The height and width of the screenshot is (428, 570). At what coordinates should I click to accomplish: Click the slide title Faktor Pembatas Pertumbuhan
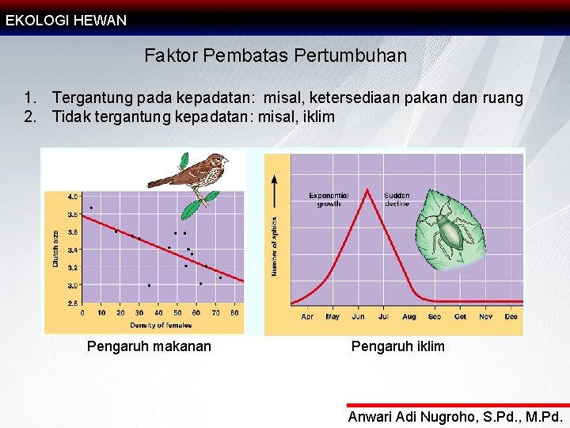click(275, 56)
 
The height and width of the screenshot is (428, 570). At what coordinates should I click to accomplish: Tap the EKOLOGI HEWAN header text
click(66, 21)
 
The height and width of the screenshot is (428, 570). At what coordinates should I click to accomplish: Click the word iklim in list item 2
click(317, 117)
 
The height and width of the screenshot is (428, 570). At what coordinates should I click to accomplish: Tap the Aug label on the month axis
click(408, 317)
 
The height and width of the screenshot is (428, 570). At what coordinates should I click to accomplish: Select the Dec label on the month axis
click(511, 317)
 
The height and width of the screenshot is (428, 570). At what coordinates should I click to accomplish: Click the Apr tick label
click(306, 317)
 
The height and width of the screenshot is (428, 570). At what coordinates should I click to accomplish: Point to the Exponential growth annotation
click(329, 199)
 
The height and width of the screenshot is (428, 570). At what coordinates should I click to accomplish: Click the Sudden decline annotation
click(397, 199)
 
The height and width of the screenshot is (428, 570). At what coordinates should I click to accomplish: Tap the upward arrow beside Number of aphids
click(275, 190)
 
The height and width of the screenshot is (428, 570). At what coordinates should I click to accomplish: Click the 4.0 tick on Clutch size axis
click(72, 196)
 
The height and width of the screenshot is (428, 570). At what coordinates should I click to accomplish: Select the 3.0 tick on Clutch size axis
click(72, 285)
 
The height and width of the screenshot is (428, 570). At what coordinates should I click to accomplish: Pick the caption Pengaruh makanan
click(149, 346)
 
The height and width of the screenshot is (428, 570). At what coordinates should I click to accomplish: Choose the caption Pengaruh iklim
click(397, 346)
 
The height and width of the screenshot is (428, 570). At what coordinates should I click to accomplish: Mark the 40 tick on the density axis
click(158, 313)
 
